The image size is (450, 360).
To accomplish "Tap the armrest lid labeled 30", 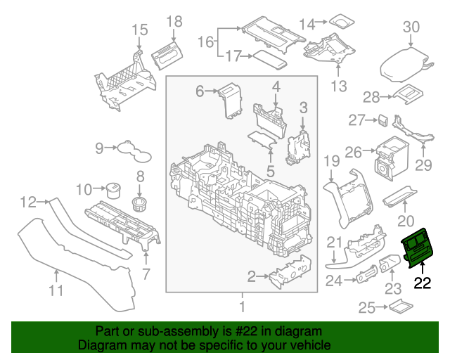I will [409, 65].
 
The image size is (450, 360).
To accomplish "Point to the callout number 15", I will [140, 30].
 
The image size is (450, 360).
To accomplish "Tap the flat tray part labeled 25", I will [399, 306].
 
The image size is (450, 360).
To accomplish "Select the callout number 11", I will [56, 290].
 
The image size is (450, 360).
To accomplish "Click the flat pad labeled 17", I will [269, 58].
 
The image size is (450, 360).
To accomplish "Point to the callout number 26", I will [353, 151].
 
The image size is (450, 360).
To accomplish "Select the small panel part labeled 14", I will [342, 21].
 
